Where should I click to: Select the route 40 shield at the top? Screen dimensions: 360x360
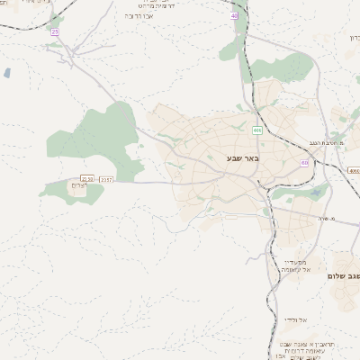point(234,15)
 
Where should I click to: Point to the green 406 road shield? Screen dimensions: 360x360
point(257,130)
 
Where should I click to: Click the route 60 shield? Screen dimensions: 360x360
point(304,163)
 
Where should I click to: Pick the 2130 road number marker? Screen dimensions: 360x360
point(87,179)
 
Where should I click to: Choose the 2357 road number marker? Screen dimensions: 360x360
point(106,179)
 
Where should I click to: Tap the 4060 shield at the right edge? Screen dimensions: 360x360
point(354,169)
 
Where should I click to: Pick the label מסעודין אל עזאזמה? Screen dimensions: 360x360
point(295,265)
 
